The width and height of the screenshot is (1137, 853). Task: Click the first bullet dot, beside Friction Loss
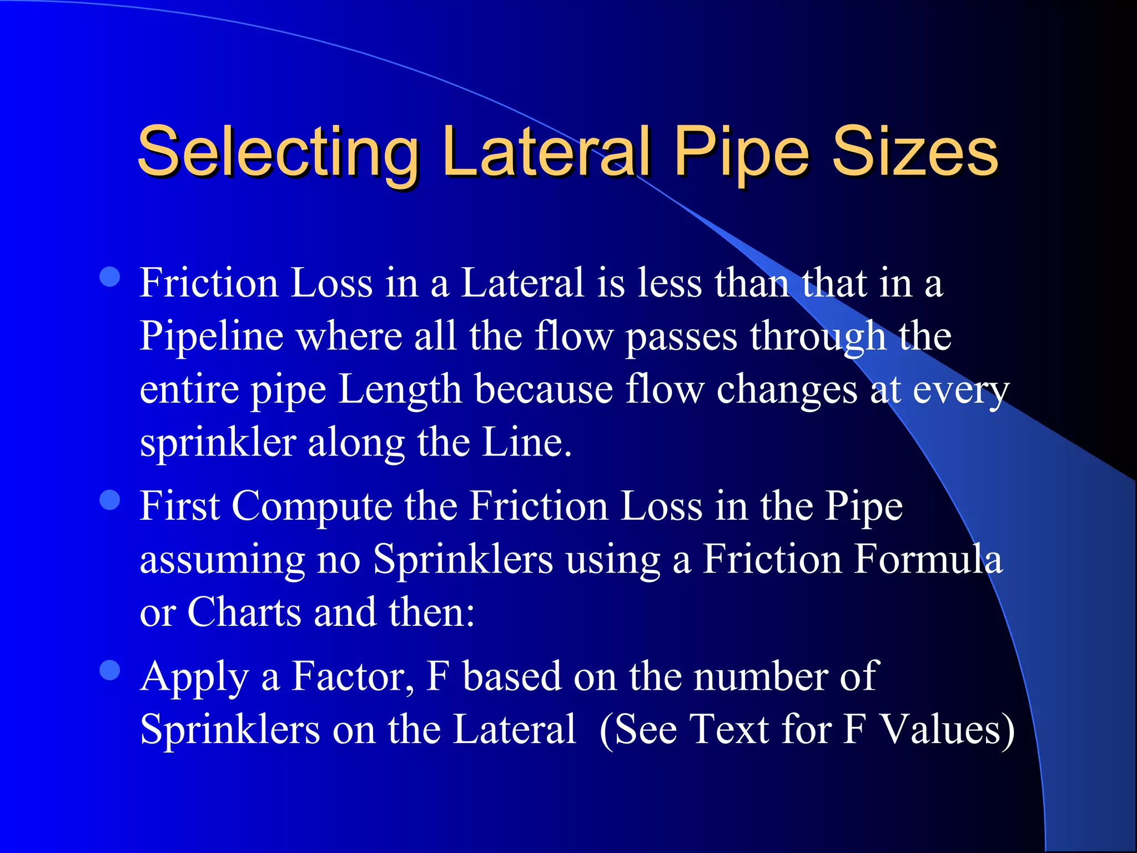coord(110,277)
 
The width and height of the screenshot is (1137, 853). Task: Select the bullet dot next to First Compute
coord(110,500)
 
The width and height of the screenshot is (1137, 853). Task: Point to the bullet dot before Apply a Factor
coord(110,670)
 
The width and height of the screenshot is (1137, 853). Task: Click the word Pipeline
coord(211,337)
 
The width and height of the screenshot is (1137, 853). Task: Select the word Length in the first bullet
coord(400,390)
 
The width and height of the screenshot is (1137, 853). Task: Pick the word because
coord(544,389)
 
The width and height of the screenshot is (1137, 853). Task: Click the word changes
coord(787,390)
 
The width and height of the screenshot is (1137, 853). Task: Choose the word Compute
coord(311,506)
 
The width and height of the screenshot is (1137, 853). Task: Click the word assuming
coord(222,560)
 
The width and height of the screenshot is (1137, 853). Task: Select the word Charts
coord(244,612)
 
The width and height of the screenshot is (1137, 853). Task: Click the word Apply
coord(194,678)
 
